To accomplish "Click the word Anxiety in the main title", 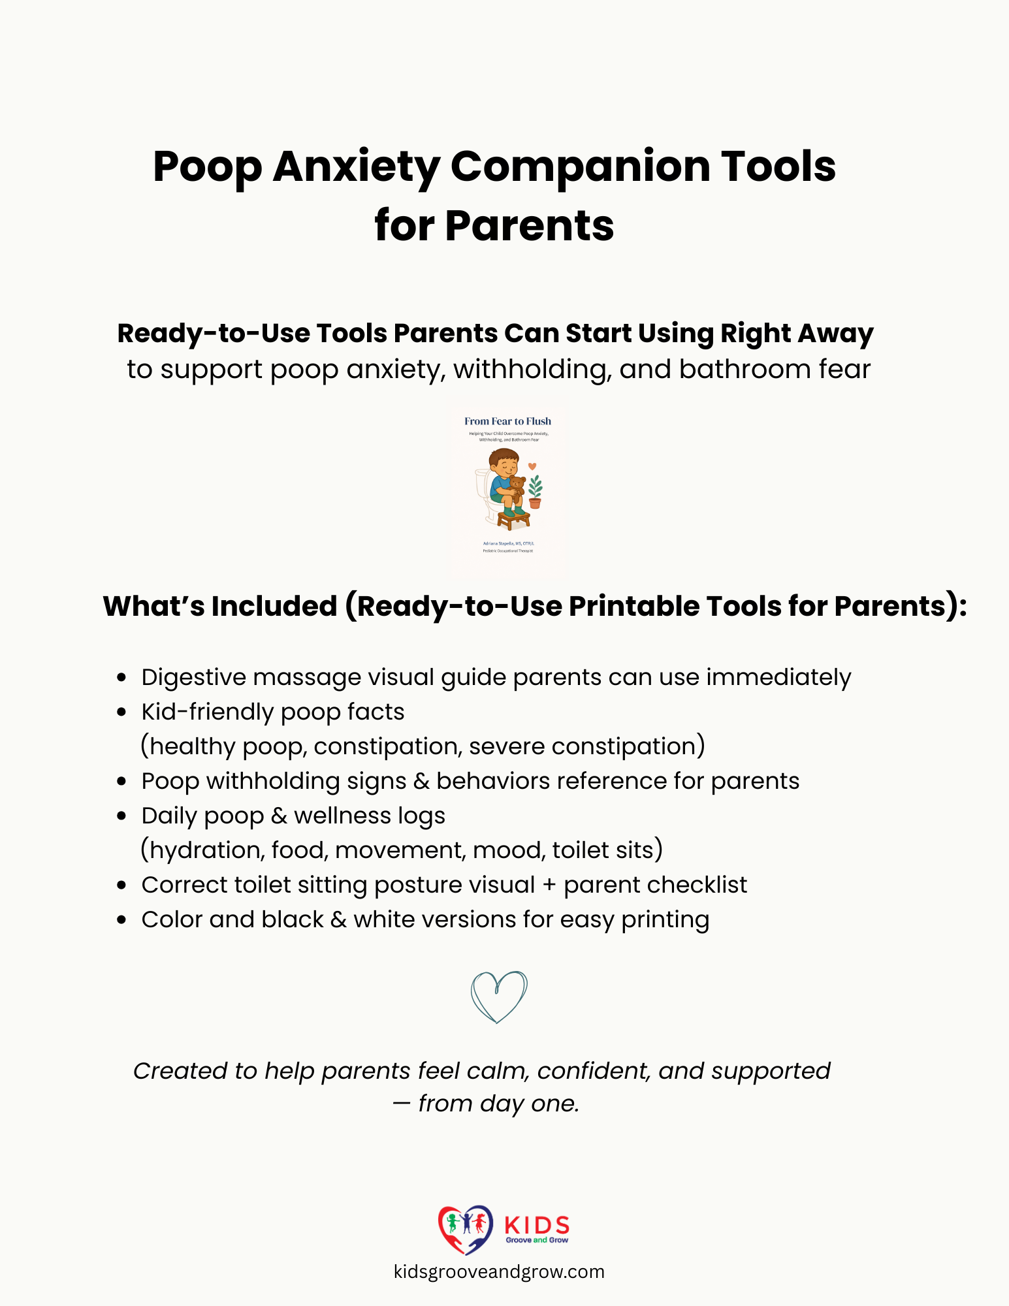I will tap(356, 167).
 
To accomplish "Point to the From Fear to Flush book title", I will tap(507, 421).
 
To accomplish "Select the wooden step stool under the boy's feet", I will tap(513, 520).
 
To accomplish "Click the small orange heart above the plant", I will tap(532, 466).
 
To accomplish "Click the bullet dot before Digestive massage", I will tap(121, 678).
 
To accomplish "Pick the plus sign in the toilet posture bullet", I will tap(549, 885).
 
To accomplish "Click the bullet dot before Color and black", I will tap(121, 920).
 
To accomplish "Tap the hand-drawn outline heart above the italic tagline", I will tap(498, 996).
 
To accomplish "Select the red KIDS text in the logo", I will tap(537, 1225).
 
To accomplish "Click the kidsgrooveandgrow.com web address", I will tap(499, 1272).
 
